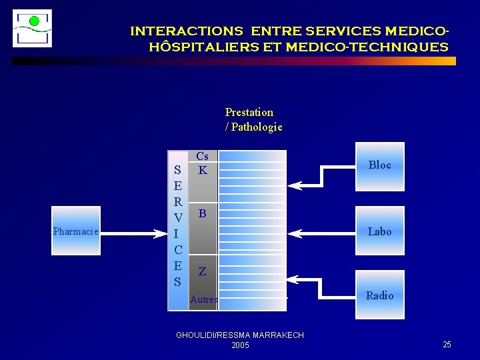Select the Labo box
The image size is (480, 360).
(x=380, y=232)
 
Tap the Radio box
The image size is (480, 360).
(x=380, y=295)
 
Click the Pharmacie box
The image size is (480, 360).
(x=76, y=231)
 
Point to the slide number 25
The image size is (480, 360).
(x=447, y=344)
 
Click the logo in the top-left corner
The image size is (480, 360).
(x=33, y=28)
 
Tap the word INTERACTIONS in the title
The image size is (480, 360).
(x=186, y=31)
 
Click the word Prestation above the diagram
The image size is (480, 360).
(x=249, y=112)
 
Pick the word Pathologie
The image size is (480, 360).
(x=257, y=127)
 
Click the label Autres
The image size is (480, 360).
(x=204, y=300)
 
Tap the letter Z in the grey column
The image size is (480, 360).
(x=202, y=272)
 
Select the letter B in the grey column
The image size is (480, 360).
(x=202, y=214)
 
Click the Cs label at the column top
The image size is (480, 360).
(x=202, y=157)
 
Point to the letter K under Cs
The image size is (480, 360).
(x=203, y=171)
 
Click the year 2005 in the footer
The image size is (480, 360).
(x=240, y=345)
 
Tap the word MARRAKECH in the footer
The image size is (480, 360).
(x=277, y=335)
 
